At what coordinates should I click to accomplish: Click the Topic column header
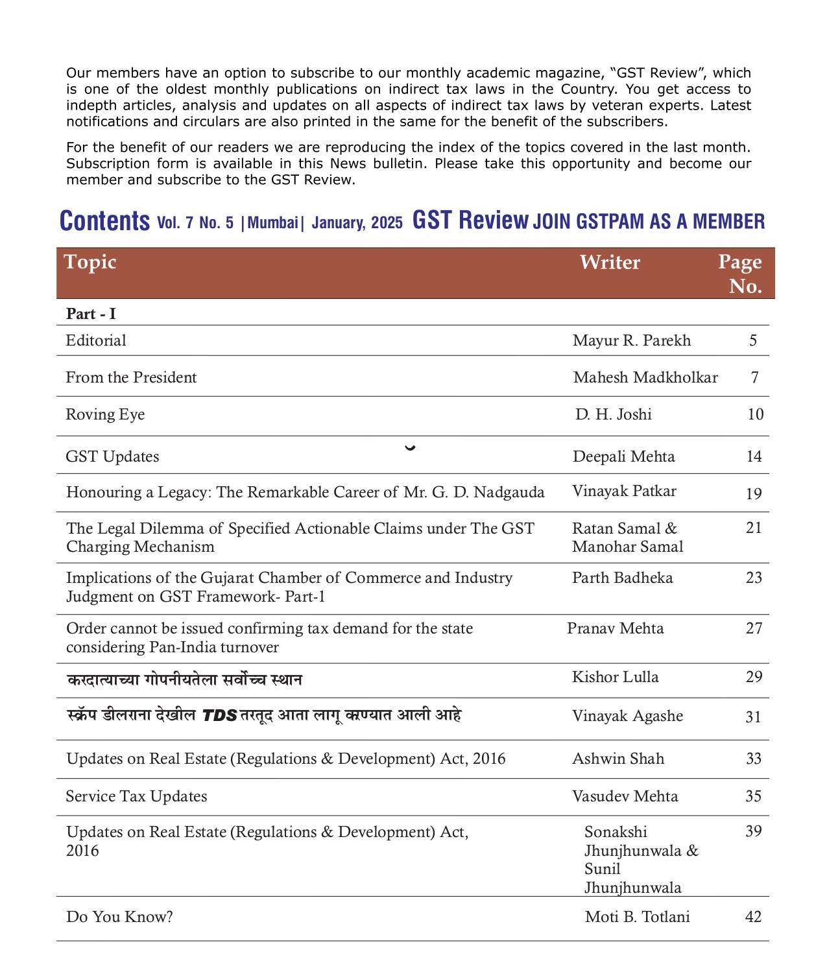(x=90, y=262)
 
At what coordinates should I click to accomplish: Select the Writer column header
(x=609, y=262)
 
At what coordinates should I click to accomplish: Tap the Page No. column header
(x=741, y=274)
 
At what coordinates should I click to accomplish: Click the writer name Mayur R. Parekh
(x=631, y=340)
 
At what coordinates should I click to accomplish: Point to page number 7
(x=754, y=377)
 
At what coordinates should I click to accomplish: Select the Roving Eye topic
(x=105, y=414)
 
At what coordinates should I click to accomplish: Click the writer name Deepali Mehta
(x=623, y=456)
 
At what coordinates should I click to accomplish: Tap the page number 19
(x=753, y=493)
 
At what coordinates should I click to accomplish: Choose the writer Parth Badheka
(x=622, y=578)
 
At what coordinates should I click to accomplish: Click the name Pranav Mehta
(x=615, y=628)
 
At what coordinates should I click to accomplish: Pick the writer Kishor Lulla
(x=615, y=677)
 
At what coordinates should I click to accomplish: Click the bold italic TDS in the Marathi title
(x=220, y=715)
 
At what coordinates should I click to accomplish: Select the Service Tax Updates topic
(x=136, y=796)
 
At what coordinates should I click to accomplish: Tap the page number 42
(x=753, y=917)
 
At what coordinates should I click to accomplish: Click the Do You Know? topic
(x=119, y=917)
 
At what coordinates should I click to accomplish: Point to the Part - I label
(x=91, y=314)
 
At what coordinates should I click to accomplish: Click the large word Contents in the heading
(x=104, y=221)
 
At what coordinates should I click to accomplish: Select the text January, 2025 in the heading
(x=357, y=222)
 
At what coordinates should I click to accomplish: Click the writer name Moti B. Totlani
(x=637, y=917)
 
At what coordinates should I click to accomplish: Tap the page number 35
(x=753, y=796)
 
